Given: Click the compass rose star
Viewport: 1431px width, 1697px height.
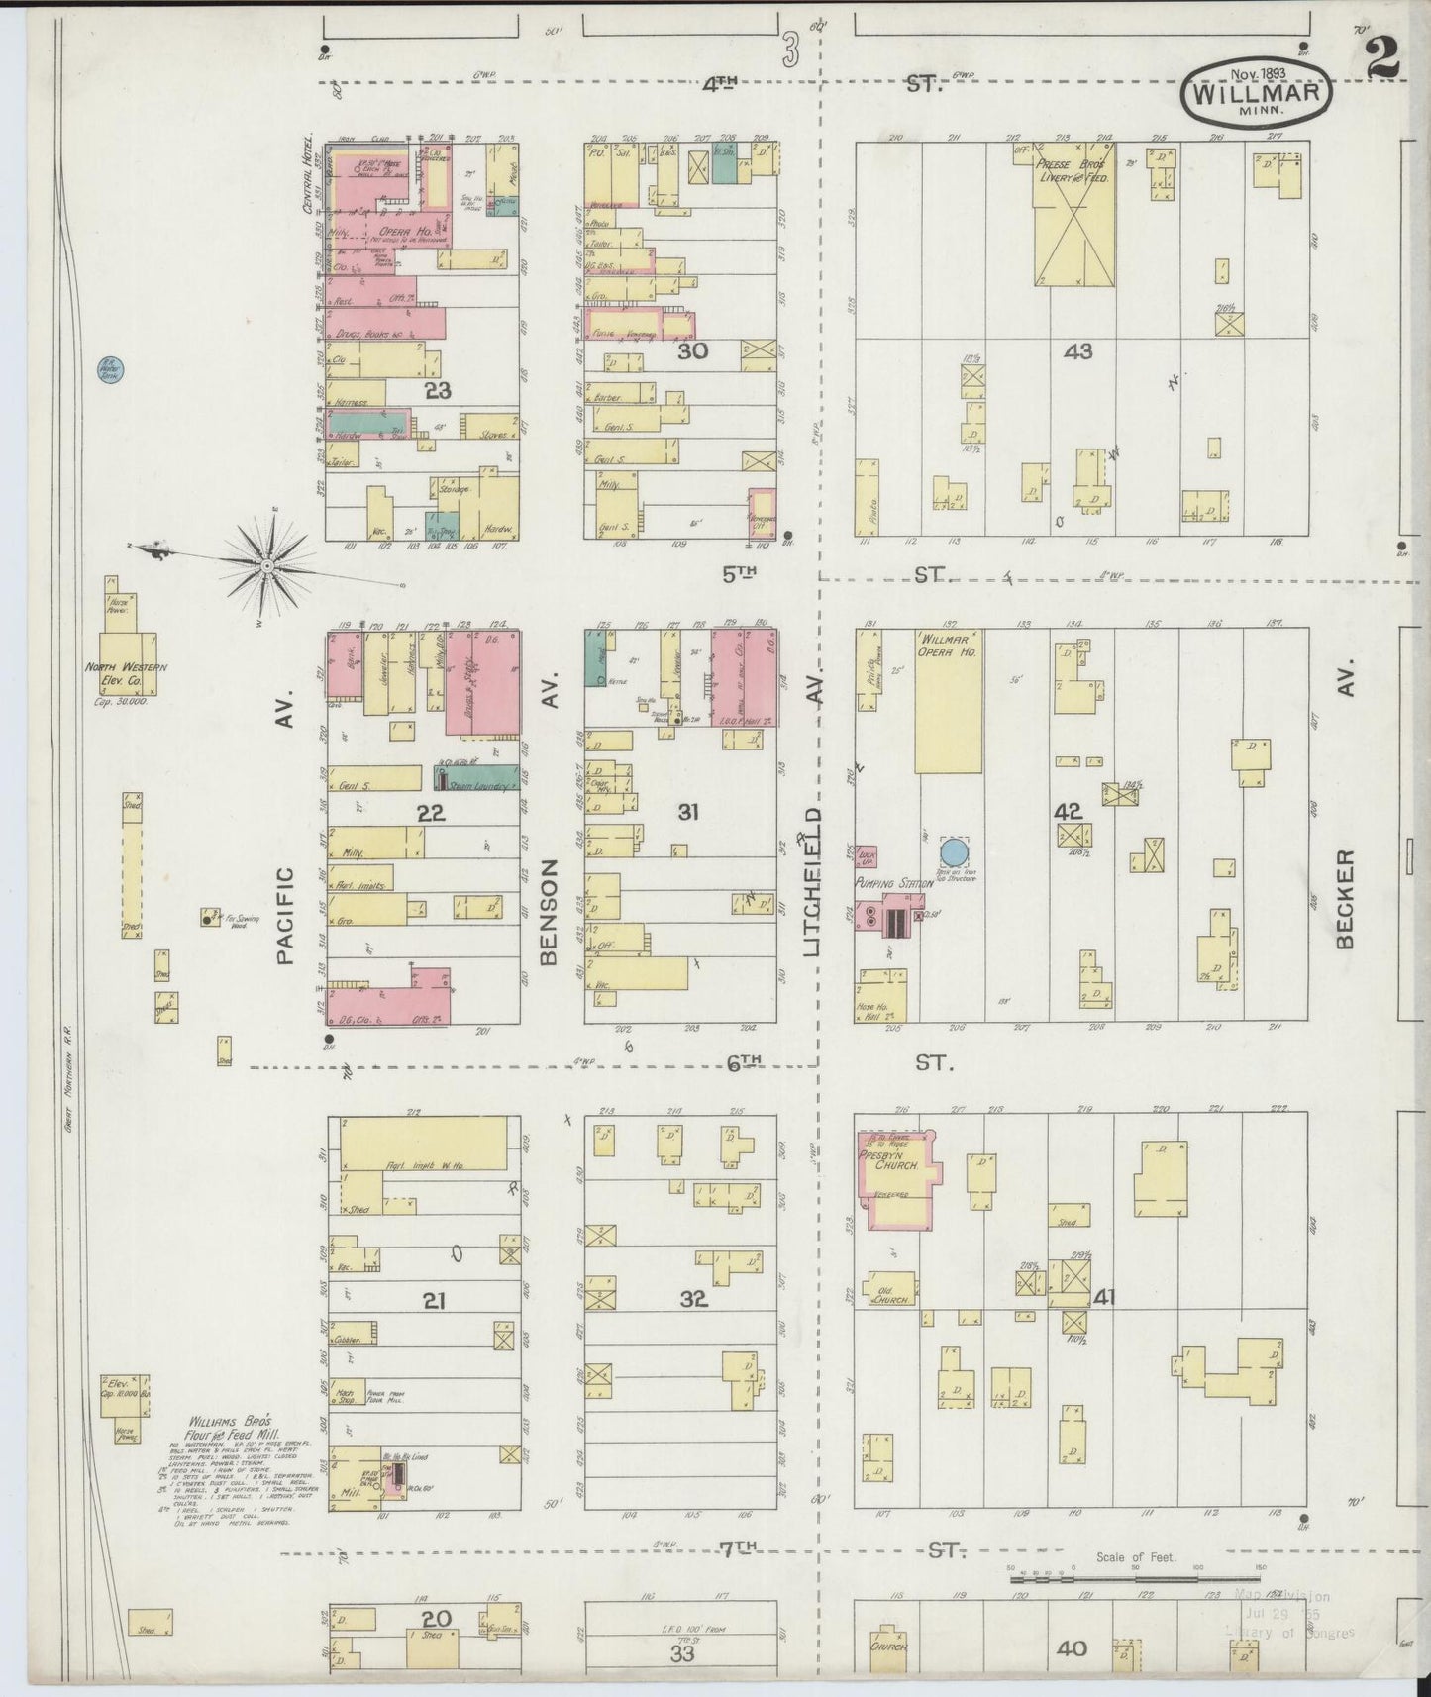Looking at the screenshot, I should [x=267, y=565].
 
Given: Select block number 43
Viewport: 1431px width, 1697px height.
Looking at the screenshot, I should [x=1077, y=350].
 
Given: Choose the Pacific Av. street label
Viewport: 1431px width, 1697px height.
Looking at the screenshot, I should [x=285, y=916].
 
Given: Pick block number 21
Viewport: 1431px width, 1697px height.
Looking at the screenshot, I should [x=433, y=1300].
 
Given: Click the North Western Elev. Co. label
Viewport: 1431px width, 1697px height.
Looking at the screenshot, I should [x=126, y=674].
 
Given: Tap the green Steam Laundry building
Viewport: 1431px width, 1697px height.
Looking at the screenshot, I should [x=476, y=777].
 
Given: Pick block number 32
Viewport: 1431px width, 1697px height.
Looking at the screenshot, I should [x=694, y=1298].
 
